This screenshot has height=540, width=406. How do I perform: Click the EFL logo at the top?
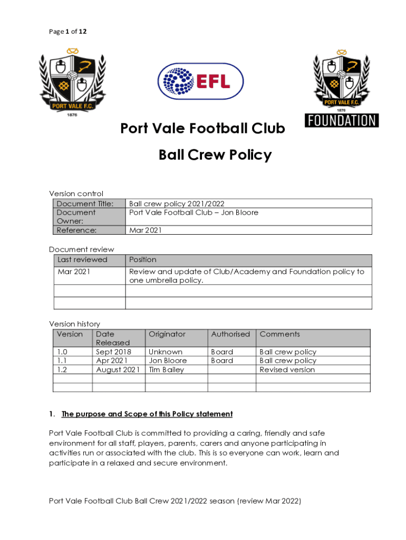[x=201, y=81]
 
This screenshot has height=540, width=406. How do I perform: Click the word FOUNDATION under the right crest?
[x=341, y=120]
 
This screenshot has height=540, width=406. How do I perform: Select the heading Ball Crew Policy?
[x=215, y=155]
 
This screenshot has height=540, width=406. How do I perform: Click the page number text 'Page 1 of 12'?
[x=68, y=32]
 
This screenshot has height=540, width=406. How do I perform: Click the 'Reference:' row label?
[x=76, y=230]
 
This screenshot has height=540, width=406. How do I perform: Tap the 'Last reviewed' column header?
[x=82, y=259]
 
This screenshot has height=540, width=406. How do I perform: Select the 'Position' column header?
[x=143, y=259]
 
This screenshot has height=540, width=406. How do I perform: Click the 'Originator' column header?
[x=167, y=334]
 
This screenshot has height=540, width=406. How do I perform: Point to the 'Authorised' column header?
[x=230, y=334]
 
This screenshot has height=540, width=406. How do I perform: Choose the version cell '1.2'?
[x=62, y=370]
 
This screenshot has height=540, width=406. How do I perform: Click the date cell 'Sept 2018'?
[x=113, y=352]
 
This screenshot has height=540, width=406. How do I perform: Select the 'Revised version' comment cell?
[x=287, y=370]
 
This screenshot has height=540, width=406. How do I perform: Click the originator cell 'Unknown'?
[x=166, y=352]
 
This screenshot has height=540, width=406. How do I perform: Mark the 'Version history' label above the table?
[x=74, y=324]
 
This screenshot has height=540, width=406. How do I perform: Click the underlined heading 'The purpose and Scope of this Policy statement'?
[x=147, y=414]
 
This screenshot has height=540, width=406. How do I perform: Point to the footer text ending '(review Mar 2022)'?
[x=175, y=502]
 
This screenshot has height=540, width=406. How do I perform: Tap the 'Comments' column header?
[x=279, y=334]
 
